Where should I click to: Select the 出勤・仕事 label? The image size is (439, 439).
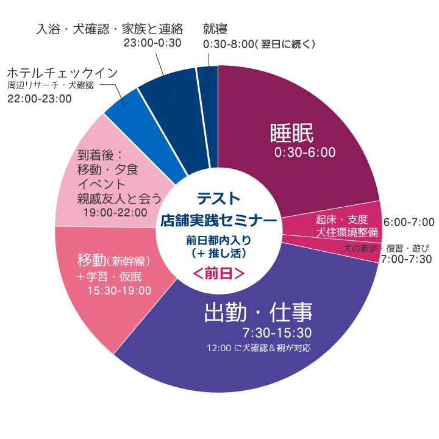(258, 313)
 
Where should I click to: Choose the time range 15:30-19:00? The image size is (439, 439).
(120, 290)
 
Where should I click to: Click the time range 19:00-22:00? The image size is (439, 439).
(116, 212)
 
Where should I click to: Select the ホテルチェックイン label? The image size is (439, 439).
(63, 73)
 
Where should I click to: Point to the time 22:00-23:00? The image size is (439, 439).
(40, 98)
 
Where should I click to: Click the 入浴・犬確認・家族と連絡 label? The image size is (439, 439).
(110, 29)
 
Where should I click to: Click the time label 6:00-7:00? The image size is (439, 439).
(409, 222)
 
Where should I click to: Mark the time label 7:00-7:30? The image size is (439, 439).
(406, 259)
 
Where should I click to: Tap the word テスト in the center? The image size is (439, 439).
(218, 199)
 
